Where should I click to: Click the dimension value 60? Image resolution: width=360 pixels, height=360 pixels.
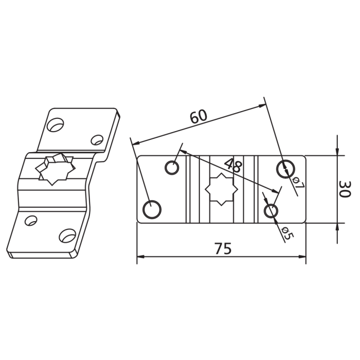tap(199, 117)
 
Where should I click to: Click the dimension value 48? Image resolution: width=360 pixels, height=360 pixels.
tap(233, 166)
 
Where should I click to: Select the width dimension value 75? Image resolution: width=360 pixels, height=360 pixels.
tap(224, 248)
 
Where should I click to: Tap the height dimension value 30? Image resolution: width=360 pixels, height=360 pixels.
tap(345, 189)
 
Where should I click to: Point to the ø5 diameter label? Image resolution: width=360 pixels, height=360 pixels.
tap(287, 232)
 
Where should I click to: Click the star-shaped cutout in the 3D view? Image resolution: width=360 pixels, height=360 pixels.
tap(55, 168)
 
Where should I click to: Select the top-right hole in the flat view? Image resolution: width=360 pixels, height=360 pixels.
tap(285, 169)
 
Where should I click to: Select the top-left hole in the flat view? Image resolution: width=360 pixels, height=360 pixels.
tap(172, 167)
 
